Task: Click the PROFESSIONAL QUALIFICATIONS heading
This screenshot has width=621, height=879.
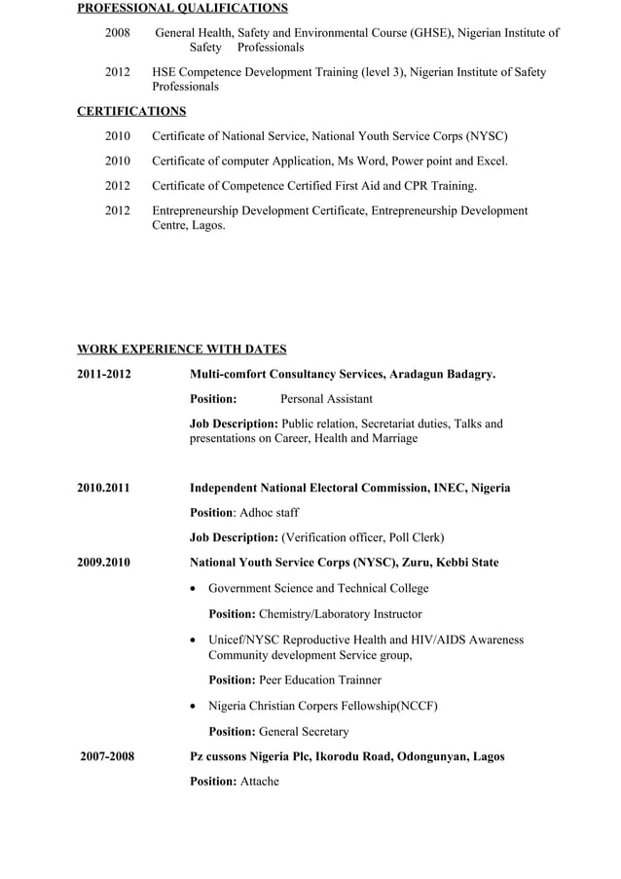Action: pyautogui.click(x=182, y=9)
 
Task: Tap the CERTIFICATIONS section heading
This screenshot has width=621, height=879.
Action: pyautogui.click(x=131, y=111)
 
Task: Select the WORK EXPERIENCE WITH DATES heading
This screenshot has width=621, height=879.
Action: pyautogui.click(x=182, y=349)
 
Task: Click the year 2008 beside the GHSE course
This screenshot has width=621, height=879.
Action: pyautogui.click(x=118, y=33)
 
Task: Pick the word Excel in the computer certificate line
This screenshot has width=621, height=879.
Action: pyautogui.click(x=490, y=161)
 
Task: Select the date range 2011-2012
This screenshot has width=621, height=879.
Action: pyautogui.click(x=104, y=374)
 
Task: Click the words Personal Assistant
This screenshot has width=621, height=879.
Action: pyautogui.click(x=326, y=399)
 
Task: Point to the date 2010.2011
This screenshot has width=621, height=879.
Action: pyautogui.click(x=103, y=488)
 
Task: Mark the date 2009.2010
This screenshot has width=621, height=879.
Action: pyautogui.click(x=103, y=563)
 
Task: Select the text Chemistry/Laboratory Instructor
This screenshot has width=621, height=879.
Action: pyautogui.click(x=341, y=614)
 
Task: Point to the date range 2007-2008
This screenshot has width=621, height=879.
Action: pyautogui.click(x=107, y=756)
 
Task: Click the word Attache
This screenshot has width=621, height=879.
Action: pyautogui.click(x=260, y=782)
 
